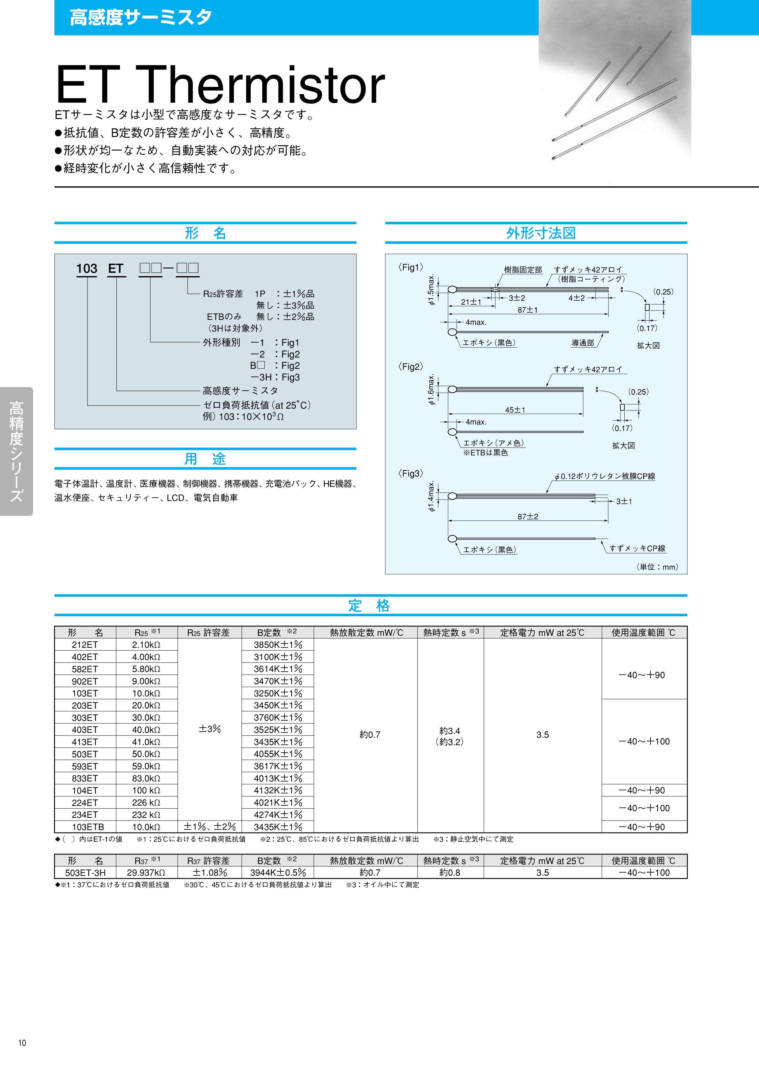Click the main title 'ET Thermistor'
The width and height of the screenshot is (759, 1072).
pyautogui.click(x=220, y=85)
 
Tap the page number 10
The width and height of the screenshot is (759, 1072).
pyautogui.click(x=22, y=1043)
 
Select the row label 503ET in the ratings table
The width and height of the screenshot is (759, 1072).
pyautogui.click(x=85, y=754)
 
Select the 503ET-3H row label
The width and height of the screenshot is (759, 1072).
pyautogui.click(x=85, y=873)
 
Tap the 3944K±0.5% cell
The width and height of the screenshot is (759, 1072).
pyautogui.click(x=278, y=873)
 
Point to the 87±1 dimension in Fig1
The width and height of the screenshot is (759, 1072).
pyautogui.click(x=528, y=310)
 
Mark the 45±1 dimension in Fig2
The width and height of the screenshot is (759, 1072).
pyautogui.click(x=515, y=410)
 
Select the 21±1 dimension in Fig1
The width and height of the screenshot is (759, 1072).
pyautogui.click(x=471, y=302)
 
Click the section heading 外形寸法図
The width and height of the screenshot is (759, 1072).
pyautogui.click(x=541, y=233)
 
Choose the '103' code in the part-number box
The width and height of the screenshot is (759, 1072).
pyautogui.click(x=87, y=269)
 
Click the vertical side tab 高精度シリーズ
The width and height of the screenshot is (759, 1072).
pyautogui.click(x=16, y=451)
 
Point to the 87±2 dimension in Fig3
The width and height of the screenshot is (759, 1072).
pyautogui.click(x=528, y=517)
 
